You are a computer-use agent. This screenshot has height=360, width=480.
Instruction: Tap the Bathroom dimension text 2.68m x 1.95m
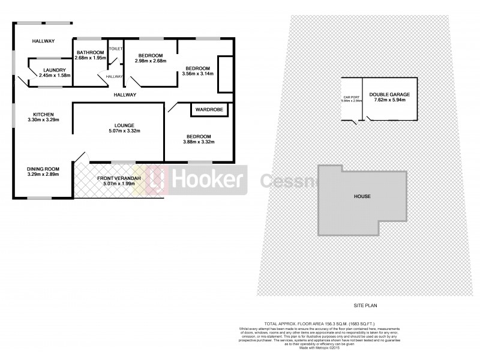[x=90, y=58]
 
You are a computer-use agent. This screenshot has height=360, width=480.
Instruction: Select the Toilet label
[x=115, y=47]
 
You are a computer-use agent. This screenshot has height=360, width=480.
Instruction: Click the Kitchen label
[x=44, y=114]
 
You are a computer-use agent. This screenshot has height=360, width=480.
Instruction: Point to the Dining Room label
[x=44, y=168]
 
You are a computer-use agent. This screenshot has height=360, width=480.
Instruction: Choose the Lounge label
[x=118, y=125]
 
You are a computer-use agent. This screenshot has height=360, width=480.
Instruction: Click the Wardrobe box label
[x=207, y=110]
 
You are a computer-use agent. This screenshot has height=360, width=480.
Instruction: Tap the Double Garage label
[x=388, y=94]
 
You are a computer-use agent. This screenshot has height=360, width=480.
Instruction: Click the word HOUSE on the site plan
[x=362, y=196]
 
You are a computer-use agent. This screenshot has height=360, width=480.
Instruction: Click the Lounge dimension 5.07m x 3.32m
[x=118, y=130]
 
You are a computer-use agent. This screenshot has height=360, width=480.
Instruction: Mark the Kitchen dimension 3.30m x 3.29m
[x=44, y=119]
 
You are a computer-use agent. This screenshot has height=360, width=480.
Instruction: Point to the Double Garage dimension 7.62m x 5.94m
[x=388, y=100]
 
